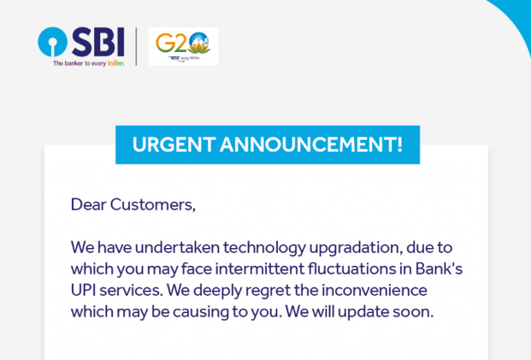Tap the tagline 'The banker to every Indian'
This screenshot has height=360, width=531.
(88, 63)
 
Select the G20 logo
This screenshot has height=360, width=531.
(183, 46)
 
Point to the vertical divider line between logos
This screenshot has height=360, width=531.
(136, 46)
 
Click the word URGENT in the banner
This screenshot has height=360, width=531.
(174, 145)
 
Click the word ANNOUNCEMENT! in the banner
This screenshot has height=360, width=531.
(311, 145)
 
